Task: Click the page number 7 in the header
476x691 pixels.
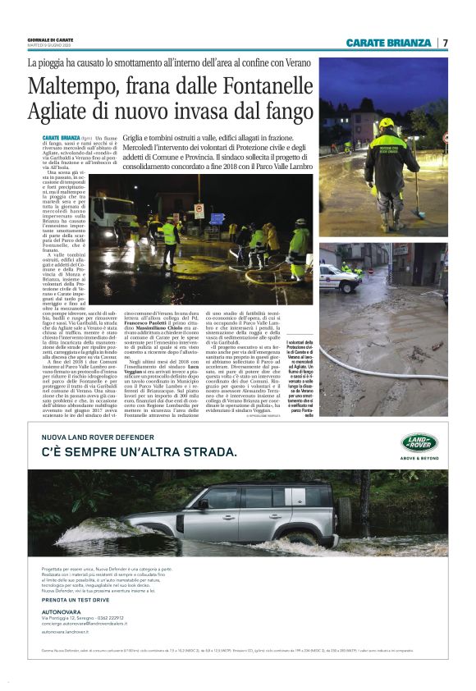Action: point(446,43)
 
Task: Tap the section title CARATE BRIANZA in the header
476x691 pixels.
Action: point(388,43)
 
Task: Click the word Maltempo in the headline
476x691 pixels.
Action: point(76,86)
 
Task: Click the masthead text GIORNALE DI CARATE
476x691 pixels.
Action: point(50,39)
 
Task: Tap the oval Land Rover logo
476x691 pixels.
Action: point(419,443)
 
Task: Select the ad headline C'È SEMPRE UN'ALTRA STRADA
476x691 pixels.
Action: point(139,452)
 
